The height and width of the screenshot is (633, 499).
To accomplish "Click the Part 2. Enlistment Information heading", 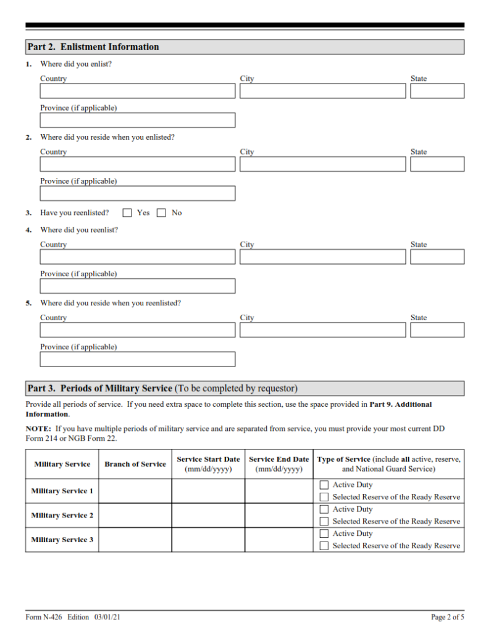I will coord(93,47).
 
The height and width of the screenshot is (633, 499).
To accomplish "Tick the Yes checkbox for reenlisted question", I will coord(127,213).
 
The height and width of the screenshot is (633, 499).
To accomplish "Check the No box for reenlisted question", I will coord(161,213).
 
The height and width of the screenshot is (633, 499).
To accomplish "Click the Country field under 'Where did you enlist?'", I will coord(138,91).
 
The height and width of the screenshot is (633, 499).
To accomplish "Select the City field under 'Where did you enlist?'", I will coord(322,91).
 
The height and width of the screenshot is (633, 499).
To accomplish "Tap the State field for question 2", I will coord(437,164).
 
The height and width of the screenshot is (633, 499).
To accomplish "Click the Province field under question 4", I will coord(138,286).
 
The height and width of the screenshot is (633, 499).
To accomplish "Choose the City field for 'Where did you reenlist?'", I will coord(322,257).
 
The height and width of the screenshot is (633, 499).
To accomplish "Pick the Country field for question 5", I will coord(138,329).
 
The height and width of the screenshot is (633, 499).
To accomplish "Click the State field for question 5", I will coord(437,329).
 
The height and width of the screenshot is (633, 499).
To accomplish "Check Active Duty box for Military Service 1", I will coord(324,485).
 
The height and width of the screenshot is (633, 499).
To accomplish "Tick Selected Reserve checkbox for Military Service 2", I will coord(324,521).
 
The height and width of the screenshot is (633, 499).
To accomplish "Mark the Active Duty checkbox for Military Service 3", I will coord(324,533).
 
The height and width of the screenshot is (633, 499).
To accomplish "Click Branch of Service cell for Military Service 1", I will coord(135,491).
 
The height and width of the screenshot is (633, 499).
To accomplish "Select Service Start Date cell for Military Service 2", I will coord(208,515).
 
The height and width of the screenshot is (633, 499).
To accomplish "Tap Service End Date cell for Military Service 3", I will coord(279,540).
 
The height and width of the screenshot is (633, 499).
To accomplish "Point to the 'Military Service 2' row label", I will coord(62,515).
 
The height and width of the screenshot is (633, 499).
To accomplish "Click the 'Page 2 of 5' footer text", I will coord(447,617).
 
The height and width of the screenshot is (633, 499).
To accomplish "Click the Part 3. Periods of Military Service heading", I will coord(162,389).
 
